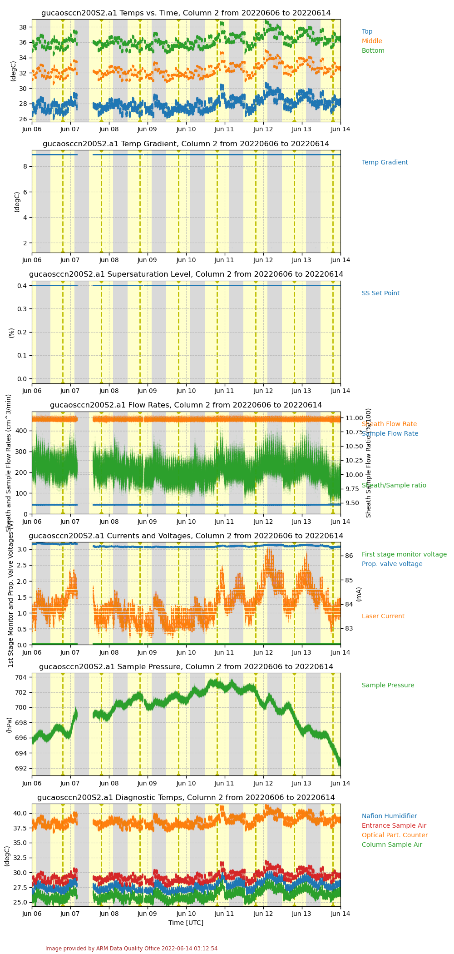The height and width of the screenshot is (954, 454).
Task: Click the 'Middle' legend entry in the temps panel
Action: pos(372,41)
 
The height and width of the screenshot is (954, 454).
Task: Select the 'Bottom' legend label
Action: pos(373,51)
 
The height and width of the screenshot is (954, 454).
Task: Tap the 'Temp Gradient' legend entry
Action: pos(385,163)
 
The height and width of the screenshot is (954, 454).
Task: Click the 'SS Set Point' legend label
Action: pos(380,293)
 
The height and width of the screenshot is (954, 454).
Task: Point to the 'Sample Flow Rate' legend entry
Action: pos(390,434)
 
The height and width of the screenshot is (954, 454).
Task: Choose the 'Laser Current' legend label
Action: pos(383,616)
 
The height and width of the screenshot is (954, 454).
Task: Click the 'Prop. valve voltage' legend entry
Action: pos(392,564)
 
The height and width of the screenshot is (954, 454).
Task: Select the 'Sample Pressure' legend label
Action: pos(388,686)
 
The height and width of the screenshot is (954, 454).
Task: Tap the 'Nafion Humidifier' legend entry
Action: pos(389,816)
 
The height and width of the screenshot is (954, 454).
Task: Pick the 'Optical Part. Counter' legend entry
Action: pos(395,835)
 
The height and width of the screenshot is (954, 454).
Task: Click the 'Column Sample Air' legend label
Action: pos(392,845)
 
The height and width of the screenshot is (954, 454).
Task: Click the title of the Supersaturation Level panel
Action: pos(186,274)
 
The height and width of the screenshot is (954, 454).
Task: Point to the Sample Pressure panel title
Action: pos(186,667)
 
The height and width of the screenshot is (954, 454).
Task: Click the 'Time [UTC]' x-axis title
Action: pos(186,923)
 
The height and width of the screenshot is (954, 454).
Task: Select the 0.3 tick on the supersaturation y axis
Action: pos(22,309)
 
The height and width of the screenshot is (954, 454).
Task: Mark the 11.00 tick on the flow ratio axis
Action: pos(354,418)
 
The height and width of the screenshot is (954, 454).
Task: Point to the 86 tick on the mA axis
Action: pos(349,556)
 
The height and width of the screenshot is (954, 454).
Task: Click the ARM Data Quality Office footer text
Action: pos(131,949)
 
